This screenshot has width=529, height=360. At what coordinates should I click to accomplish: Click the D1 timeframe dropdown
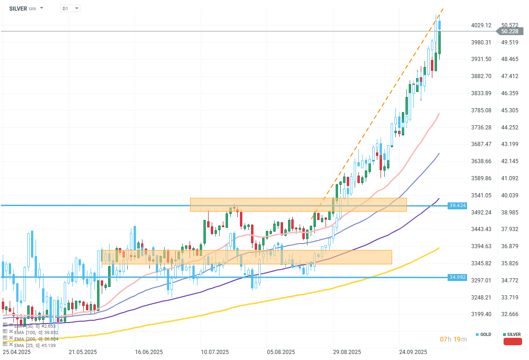pyautogui.click(x=70, y=8)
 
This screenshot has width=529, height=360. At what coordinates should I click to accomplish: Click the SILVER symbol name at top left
pyautogui.click(x=18, y=8)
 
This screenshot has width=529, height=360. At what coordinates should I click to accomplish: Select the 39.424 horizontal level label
pyautogui.click(x=457, y=205)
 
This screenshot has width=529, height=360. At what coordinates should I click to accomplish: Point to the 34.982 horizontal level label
pyautogui.click(x=457, y=277)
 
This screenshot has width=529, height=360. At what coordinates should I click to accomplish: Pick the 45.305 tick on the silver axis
pyautogui.click(x=511, y=110)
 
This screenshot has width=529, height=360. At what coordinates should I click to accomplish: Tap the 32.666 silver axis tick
pyautogui.click(x=511, y=314)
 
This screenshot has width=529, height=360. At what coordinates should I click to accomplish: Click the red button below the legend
pyautogui.click(x=512, y=342)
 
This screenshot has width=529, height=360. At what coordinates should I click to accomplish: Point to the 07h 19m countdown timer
pyautogui.click(x=453, y=340)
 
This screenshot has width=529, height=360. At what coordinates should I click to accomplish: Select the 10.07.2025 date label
pyautogui.click(x=215, y=352)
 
